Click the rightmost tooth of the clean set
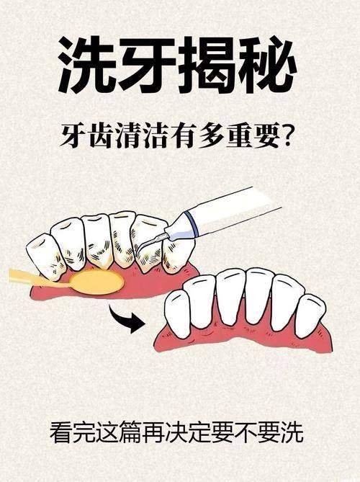point(311,314)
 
